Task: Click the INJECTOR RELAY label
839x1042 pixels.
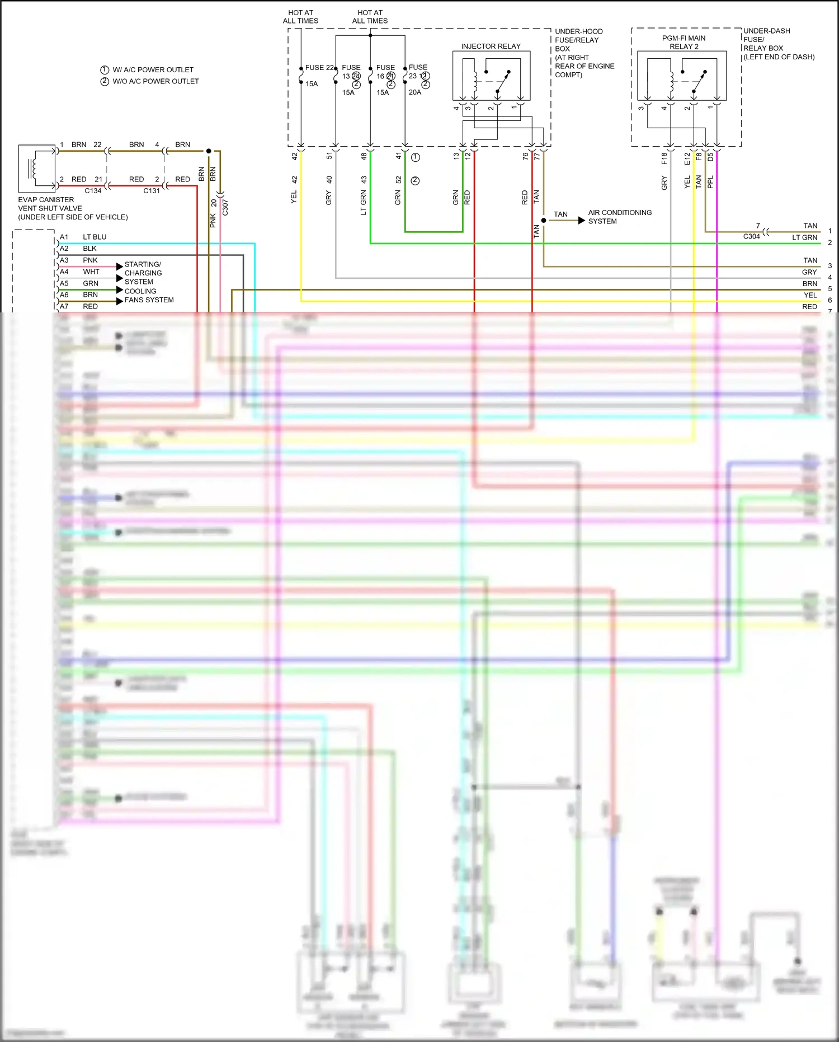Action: pyautogui.click(x=491, y=46)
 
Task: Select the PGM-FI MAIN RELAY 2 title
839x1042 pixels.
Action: pyautogui.click(x=684, y=43)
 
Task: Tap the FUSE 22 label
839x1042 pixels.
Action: pyautogui.click(x=319, y=67)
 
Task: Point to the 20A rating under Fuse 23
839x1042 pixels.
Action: pyautogui.click(x=414, y=92)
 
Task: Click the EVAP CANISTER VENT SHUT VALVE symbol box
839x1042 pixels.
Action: pyautogui.click(x=37, y=169)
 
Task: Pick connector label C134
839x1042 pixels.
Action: pyautogui.click(x=93, y=191)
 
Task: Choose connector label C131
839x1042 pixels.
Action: pyautogui.click(x=152, y=191)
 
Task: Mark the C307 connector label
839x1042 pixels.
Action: pyautogui.click(x=225, y=207)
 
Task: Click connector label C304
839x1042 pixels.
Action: pyautogui.click(x=751, y=237)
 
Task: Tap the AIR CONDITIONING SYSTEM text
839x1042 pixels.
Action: pyautogui.click(x=619, y=217)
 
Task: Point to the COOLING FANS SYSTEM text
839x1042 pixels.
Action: pyautogui.click(x=149, y=296)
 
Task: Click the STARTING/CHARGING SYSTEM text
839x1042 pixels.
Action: pyautogui.click(x=143, y=273)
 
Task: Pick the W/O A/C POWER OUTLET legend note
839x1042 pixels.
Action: pyautogui.click(x=155, y=81)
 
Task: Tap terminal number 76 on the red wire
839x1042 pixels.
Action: pyautogui.click(x=525, y=157)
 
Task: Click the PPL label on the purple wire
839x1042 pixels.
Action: pyautogui.click(x=710, y=182)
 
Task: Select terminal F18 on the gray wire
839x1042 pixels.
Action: pyautogui.click(x=664, y=158)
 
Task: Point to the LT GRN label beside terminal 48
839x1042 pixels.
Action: pyautogui.click(x=364, y=203)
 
